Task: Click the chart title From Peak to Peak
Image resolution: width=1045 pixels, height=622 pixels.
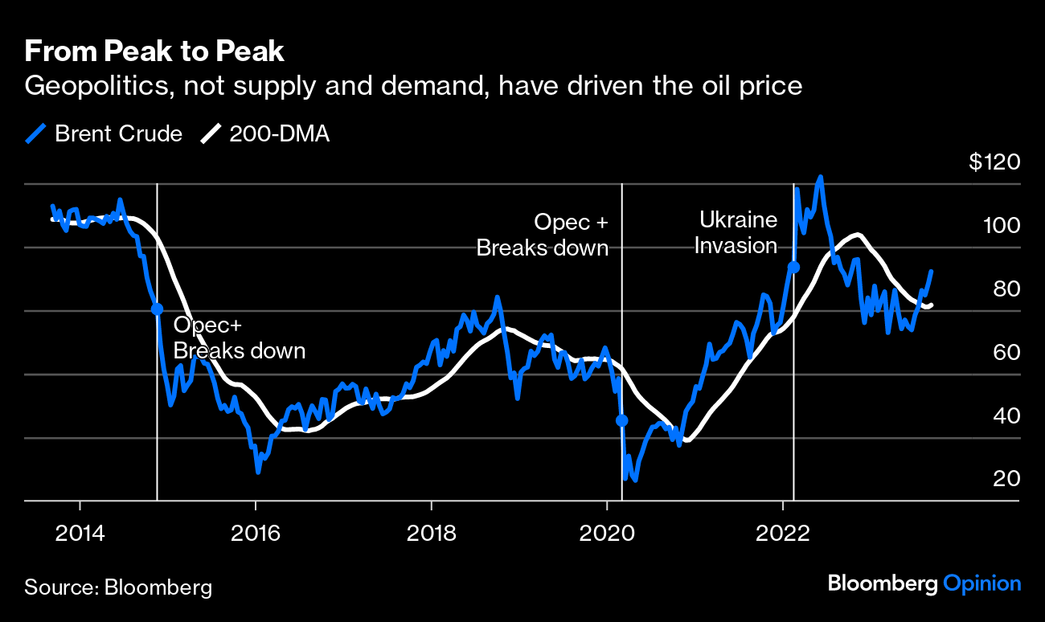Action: pyautogui.click(x=154, y=52)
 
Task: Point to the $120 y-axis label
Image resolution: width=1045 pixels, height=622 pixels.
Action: pyautogui.click(x=994, y=162)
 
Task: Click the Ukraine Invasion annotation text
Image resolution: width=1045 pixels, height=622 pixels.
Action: pyautogui.click(x=736, y=232)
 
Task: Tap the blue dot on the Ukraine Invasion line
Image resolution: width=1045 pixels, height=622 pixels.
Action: pyautogui.click(x=793, y=267)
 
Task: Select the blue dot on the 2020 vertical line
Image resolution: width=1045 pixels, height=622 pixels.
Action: pyautogui.click(x=621, y=420)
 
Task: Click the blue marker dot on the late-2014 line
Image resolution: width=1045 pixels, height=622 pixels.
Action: pyautogui.click(x=157, y=309)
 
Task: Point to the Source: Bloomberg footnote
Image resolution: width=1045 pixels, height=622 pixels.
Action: pyautogui.click(x=118, y=587)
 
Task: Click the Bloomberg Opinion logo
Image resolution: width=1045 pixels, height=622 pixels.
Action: pyautogui.click(x=924, y=584)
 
